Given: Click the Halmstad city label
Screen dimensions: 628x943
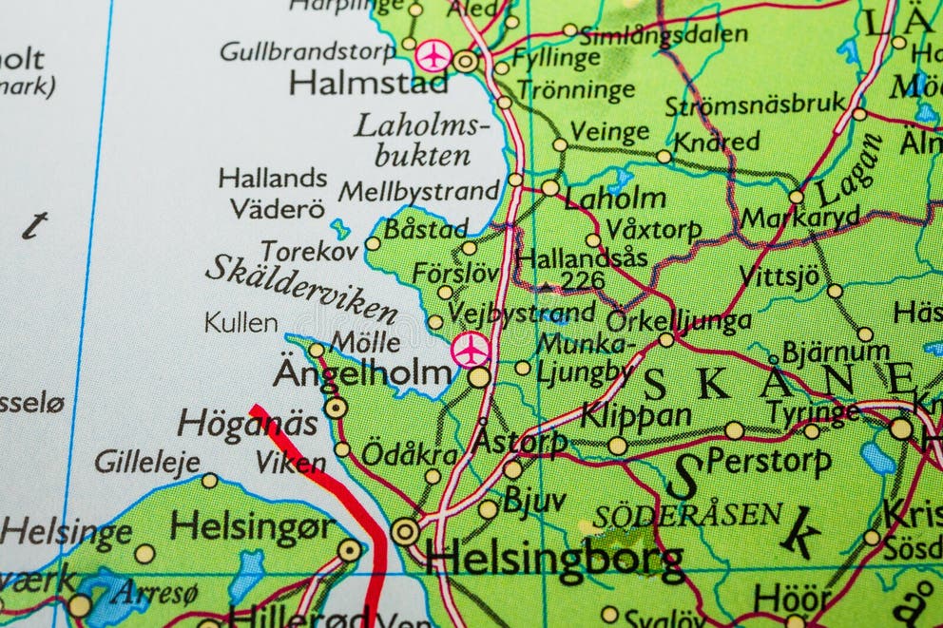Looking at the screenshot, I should click(368, 83).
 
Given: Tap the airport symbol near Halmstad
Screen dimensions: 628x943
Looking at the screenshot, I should click(434, 55).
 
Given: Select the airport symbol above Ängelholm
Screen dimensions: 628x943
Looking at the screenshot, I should click(471, 350).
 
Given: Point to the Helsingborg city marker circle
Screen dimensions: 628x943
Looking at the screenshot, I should click(405, 531).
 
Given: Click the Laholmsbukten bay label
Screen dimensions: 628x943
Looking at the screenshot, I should click(421, 139).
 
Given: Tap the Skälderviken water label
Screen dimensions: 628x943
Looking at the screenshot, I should click(301, 288).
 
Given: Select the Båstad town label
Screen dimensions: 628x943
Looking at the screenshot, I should click(425, 229).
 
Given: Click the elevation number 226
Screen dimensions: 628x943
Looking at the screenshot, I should click(582, 279).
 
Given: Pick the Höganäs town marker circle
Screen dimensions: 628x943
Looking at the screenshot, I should click(336, 408).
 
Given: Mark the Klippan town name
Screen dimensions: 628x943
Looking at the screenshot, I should click(636, 415).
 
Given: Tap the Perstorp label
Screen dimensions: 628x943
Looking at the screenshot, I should click(768, 461).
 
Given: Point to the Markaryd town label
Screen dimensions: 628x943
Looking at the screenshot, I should click(799, 218).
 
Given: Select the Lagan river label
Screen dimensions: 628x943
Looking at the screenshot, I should click(849, 170).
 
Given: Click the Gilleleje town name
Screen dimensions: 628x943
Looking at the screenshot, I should click(147, 462).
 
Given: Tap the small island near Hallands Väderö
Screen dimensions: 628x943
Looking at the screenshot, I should click(339, 229).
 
